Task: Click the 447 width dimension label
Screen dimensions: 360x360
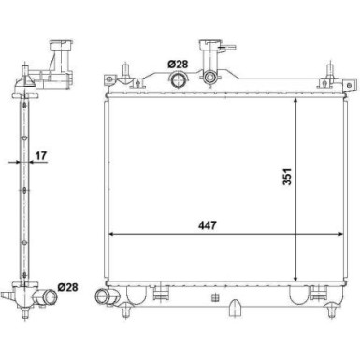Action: (208, 225)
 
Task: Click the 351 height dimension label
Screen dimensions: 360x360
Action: (287, 177)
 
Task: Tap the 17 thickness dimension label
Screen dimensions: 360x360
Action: (40, 155)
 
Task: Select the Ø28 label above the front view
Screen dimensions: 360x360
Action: (178, 65)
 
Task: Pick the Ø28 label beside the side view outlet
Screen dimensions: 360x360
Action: (67, 287)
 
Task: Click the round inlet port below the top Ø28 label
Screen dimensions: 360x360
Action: (179, 79)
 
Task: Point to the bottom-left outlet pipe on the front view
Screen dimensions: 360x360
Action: (103, 296)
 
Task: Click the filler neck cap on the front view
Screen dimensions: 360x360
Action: (211, 45)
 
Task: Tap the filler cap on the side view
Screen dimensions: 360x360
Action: (62, 46)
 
